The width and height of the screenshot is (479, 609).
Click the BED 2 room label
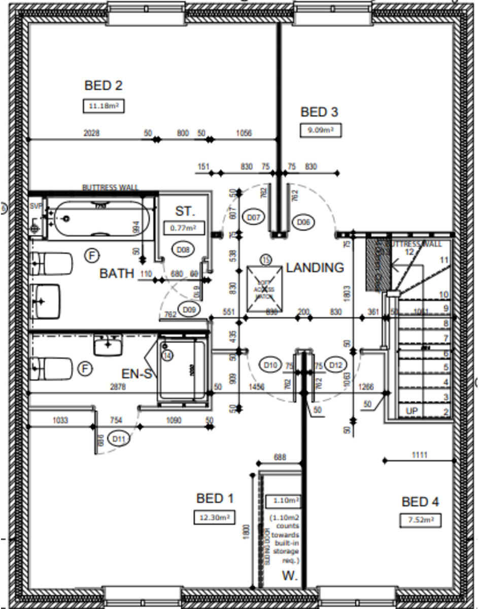tap(104, 85)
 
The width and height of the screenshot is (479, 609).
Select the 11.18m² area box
tap(104, 106)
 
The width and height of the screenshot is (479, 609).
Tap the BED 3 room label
tap(319, 112)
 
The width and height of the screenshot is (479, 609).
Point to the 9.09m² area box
tap(320, 130)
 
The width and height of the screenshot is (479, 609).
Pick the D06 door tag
tap(304, 222)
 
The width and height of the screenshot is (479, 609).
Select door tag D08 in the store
tap(183, 249)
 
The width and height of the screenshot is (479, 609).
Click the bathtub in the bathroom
tap(101, 219)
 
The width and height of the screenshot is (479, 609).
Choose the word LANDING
tap(315, 267)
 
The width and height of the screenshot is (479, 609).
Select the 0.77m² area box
tap(184, 228)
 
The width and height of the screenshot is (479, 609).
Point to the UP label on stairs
tap(411, 410)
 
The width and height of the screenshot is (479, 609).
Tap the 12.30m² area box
tap(214, 517)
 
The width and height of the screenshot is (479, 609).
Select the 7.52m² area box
tap(420, 520)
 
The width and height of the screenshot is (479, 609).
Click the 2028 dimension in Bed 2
tap(91, 133)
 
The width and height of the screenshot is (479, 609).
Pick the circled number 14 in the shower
tap(167, 355)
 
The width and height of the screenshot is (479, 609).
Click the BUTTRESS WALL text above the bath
tap(110, 187)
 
